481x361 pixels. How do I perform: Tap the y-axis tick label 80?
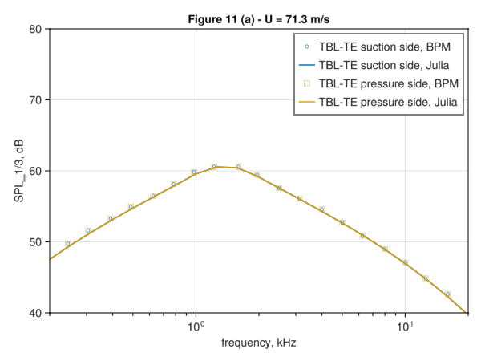[x=36, y=30]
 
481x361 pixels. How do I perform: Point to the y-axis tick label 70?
[x=36, y=100]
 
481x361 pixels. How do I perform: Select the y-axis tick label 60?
[x=36, y=171]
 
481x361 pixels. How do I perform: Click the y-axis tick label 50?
[x=36, y=241]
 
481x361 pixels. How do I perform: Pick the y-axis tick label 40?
[x=36, y=312]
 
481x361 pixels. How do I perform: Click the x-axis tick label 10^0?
[x=196, y=326]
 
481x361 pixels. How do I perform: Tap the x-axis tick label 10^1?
[x=405, y=326]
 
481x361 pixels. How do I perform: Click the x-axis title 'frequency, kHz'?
[x=257, y=344]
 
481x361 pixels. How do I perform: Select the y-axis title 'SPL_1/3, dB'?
[x=18, y=171]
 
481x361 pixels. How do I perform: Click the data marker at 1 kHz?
[x=194, y=172]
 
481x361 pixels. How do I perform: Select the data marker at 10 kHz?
[x=405, y=262]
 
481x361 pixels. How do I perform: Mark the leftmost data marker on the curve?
[x=68, y=243]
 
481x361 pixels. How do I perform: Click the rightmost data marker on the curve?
[x=447, y=294]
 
